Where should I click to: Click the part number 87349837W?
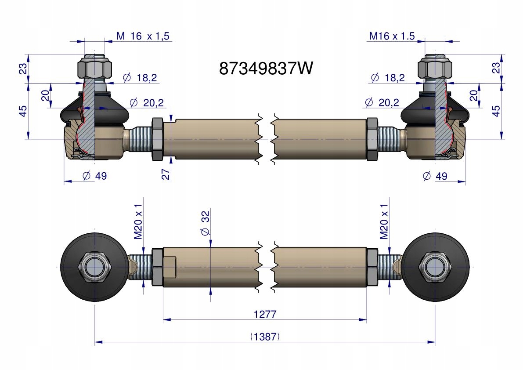point(266,69)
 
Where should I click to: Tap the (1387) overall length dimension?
point(265,337)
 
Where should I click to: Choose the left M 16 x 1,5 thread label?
point(143,36)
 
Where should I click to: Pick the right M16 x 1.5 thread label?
point(392,36)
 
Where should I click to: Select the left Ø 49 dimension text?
point(94,176)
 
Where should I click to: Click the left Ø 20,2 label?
point(147,103)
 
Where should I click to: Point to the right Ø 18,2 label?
point(388,78)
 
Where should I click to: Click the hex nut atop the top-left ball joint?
point(94,68)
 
